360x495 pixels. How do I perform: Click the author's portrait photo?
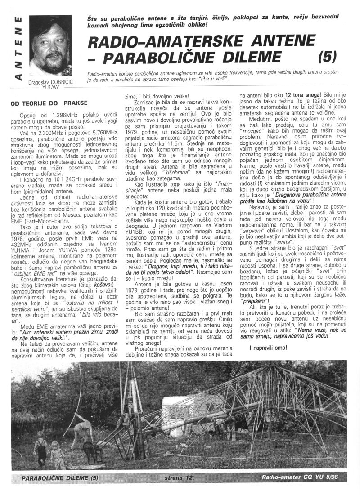[50, 45]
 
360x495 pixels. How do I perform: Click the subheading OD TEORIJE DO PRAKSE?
[46, 103]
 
